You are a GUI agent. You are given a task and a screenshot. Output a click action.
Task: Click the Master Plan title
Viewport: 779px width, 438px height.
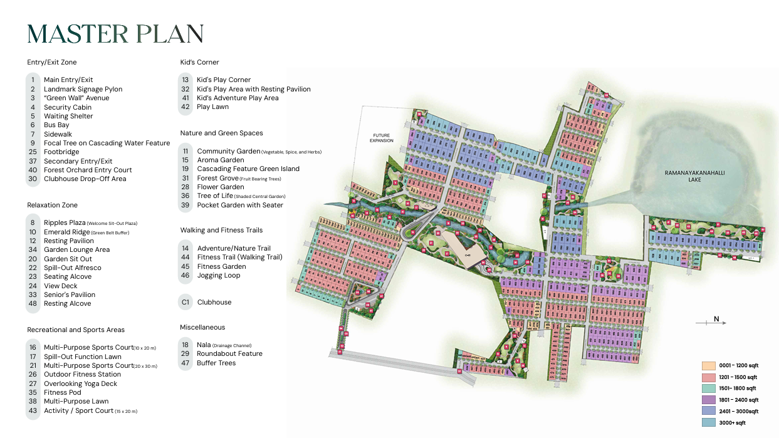(x=115, y=34)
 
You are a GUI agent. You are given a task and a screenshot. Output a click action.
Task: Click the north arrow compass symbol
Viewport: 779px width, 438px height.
(x=712, y=321)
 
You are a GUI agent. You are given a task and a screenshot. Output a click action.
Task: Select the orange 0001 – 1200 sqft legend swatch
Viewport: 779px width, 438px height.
(x=708, y=365)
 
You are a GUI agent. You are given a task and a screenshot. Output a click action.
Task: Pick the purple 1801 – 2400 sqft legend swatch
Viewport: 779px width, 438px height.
(x=708, y=400)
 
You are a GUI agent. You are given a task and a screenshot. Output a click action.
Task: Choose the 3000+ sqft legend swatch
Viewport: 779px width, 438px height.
(x=708, y=423)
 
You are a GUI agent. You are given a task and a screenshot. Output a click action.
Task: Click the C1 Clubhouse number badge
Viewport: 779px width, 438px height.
(x=185, y=302)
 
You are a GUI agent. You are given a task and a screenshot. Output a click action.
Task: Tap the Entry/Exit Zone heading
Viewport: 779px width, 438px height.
(x=52, y=62)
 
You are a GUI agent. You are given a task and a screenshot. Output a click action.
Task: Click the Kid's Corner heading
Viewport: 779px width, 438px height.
(x=199, y=62)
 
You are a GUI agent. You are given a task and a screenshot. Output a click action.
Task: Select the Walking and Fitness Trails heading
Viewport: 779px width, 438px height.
(x=221, y=230)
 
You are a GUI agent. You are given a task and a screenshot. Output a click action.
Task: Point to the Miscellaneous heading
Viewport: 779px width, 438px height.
(x=202, y=327)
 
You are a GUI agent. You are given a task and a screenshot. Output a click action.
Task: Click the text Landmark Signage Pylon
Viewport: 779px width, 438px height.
(x=83, y=89)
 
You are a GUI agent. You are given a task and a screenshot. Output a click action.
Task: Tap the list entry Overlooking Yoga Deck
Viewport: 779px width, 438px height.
(x=80, y=383)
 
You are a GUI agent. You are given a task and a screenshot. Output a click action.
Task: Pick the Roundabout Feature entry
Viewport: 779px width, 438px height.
(x=229, y=353)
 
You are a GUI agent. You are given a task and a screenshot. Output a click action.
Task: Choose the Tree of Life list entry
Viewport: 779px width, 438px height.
(x=215, y=196)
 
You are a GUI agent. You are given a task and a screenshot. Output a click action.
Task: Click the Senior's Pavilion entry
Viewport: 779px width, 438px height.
(x=70, y=295)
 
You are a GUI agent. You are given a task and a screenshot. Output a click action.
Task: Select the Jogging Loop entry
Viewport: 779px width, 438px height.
(x=218, y=275)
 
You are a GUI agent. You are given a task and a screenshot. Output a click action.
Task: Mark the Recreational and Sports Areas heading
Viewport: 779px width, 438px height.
(x=76, y=330)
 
